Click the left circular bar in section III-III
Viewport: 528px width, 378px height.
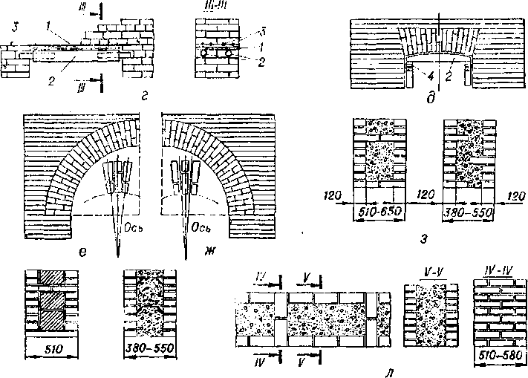click(204, 53)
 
